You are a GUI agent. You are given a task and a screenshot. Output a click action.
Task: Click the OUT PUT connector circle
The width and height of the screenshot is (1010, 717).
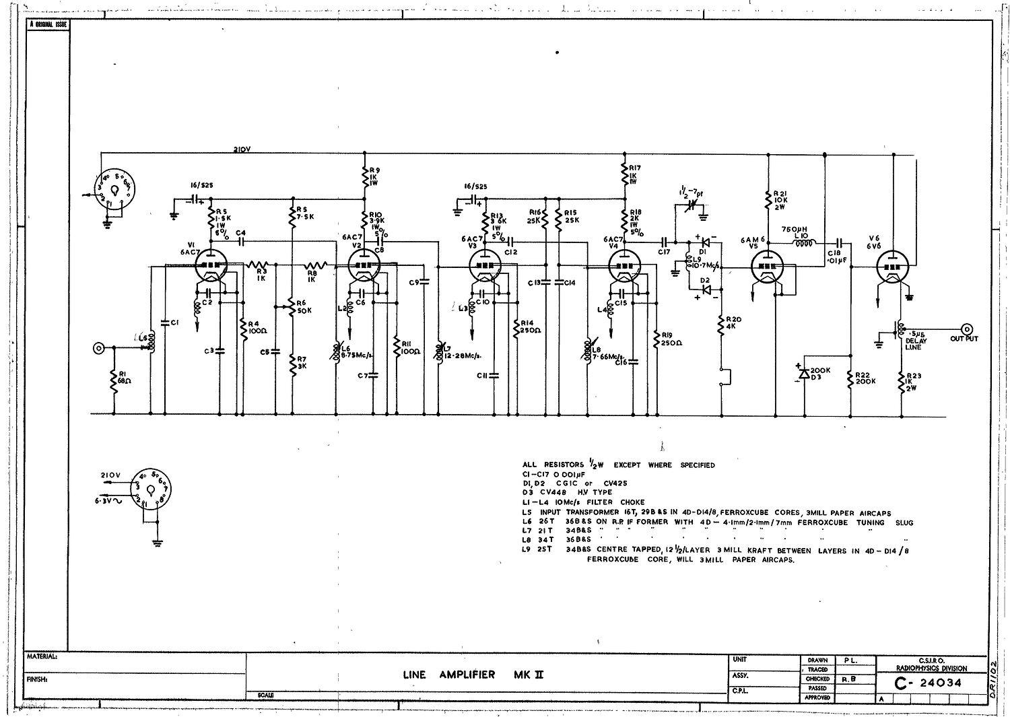coord(968,329)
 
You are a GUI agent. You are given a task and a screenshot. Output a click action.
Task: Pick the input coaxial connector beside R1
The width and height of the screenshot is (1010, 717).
coord(99,348)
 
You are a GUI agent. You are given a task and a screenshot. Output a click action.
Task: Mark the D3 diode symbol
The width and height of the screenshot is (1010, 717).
coord(802,372)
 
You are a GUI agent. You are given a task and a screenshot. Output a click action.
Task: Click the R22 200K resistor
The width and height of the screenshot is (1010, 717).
coord(852,379)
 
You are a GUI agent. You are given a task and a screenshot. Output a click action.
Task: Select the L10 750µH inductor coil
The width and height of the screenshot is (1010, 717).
coord(805,244)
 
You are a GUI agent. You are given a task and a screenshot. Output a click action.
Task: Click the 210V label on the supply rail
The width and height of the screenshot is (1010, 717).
coord(242,150)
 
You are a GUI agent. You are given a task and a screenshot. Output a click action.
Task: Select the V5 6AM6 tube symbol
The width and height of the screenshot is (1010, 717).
coord(769,266)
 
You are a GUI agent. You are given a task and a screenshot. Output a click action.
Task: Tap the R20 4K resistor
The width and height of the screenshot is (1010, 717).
coord(721,327)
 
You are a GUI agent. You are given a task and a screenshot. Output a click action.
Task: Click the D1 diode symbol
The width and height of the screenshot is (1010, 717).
coord(704,241)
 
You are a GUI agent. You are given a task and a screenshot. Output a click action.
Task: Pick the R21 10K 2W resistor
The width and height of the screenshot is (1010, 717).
coord(768,201)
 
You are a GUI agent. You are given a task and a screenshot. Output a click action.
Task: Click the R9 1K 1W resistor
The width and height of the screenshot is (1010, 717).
coord(364,177)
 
